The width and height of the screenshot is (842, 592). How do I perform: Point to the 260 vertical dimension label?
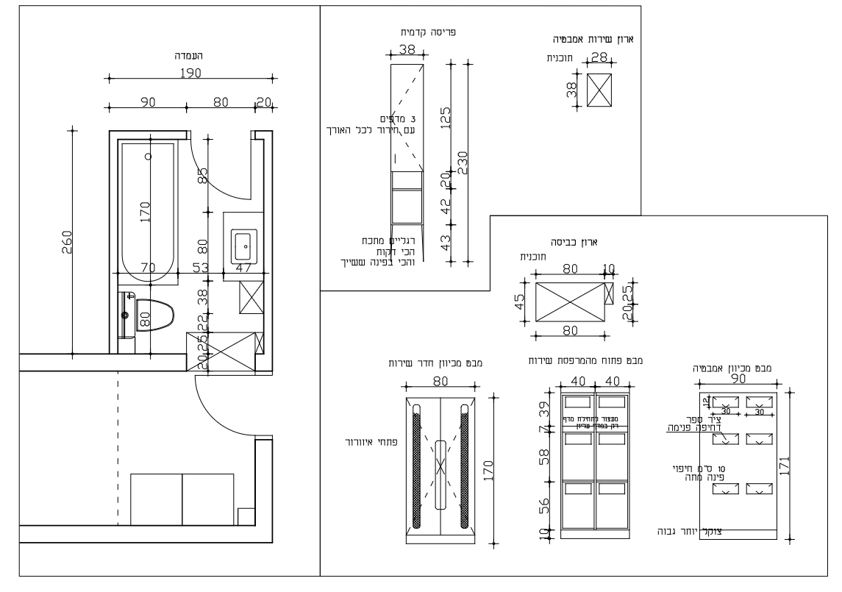65,242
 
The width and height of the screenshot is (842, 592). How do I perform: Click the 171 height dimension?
785,466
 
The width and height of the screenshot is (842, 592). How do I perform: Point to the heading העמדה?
190,55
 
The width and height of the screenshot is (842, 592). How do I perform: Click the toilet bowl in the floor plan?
157,316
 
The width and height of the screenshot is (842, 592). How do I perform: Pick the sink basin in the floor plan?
243,246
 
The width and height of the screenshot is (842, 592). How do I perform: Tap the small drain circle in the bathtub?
148,156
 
